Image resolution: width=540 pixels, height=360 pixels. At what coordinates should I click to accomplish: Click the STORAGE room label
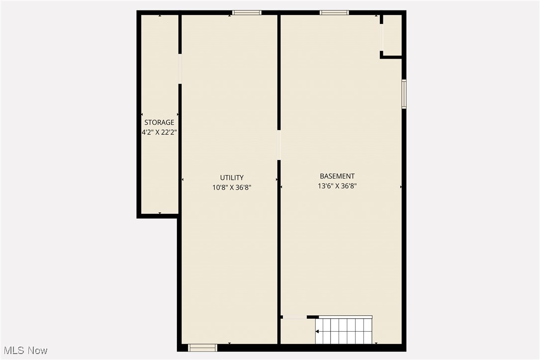coord(159,122)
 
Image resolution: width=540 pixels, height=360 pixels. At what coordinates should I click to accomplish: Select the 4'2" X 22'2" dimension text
coord(159,132)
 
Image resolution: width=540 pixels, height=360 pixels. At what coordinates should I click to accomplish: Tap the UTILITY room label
coord(232,178)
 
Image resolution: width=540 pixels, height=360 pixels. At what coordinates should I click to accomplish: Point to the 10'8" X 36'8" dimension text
coord(232,187)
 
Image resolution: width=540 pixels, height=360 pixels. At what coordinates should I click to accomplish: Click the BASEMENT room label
coord(337,176)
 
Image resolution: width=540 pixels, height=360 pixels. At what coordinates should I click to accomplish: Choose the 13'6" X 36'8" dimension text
coord(337,186)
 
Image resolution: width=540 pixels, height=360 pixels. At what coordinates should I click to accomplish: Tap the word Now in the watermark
coord(38,351)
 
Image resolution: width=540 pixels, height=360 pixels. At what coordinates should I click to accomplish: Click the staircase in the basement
coord(344,330)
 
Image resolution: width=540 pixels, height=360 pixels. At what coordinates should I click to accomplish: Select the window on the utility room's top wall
coord(247,12)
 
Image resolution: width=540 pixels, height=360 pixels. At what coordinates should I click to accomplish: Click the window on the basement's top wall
coord(334,12)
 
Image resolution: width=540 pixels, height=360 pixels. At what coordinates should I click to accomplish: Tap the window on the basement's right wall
coord(404,94)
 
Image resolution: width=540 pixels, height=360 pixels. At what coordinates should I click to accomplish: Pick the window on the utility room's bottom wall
coord(203,348)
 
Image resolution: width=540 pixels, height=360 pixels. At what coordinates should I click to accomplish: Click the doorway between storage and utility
coord(180,69)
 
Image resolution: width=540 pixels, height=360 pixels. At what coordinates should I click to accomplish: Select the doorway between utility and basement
coord(279,145)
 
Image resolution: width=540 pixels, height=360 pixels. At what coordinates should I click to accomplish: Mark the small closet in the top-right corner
coord(392,35)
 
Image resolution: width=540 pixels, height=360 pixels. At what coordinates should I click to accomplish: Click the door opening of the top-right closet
coord(382,38)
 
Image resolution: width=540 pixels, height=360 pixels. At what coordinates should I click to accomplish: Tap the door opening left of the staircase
coord(294,317)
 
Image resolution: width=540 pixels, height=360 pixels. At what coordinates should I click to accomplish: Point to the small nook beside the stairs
coord(297,331)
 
